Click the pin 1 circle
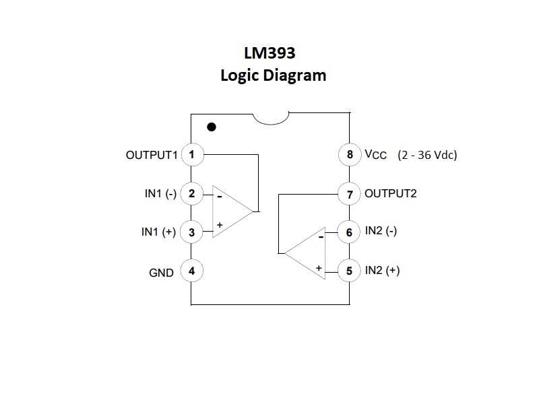pos(192,155)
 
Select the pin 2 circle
pos(192,194)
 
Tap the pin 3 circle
pos(192,232)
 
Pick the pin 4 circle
pos(192,271)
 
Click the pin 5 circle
pos(349,271)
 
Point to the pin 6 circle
pos(349,232)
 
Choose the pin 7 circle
pos(349,194)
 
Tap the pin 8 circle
pos(349,155)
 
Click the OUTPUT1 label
pos(152,155)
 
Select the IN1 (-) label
pos(160,194)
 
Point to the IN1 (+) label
pos(158,232)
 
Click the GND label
pos(161,273)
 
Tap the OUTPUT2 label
pos(391,194)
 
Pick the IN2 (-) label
pos(381,231)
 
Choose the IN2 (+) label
pos(382,271)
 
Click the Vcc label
pos(376,156)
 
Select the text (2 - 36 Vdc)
pos(427,155)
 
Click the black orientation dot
pos(212,127)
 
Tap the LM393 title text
pos(274,53)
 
